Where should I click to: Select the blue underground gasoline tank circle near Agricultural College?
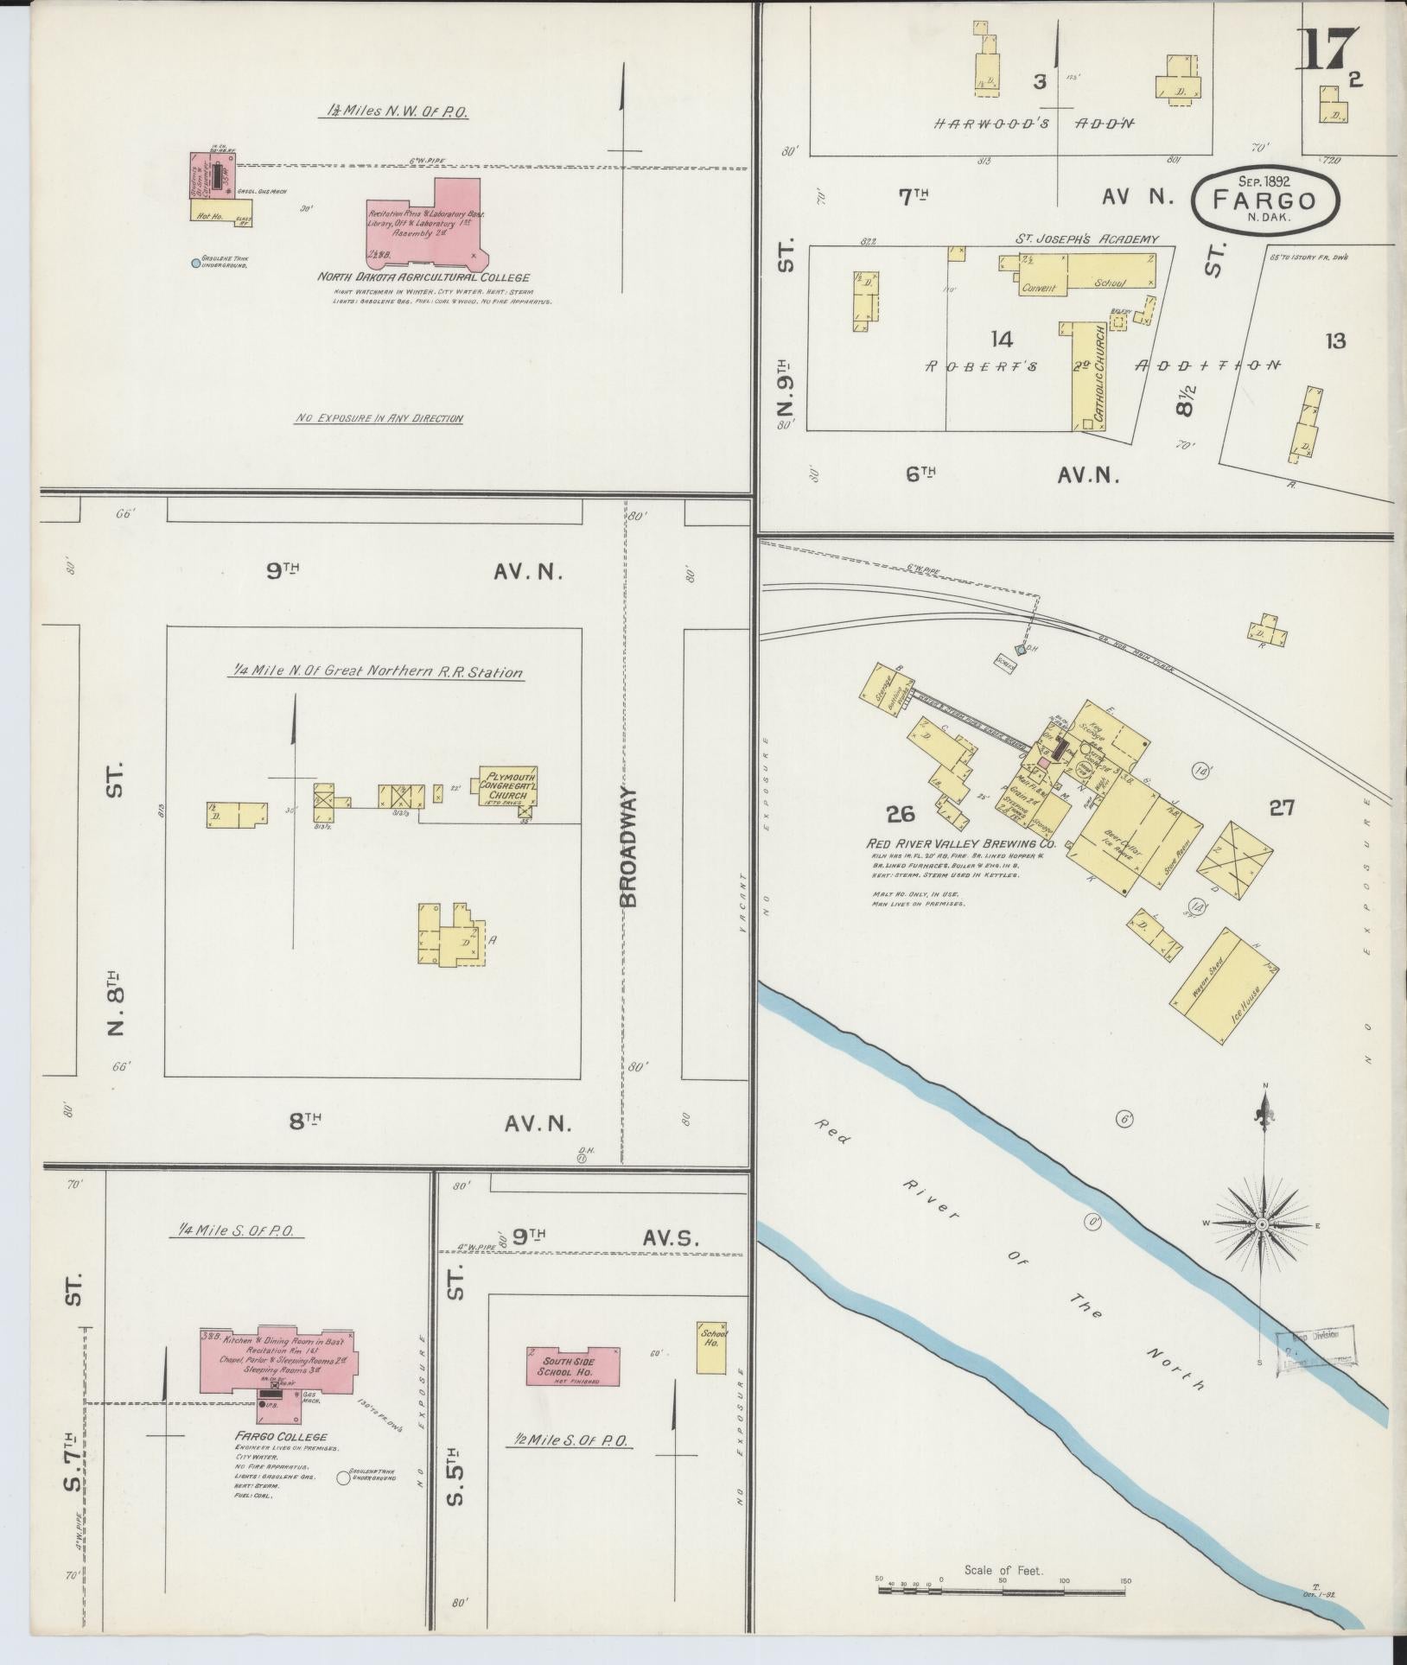[196, 262]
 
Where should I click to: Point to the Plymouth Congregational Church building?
[509, 785]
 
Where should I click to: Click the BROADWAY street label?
[628, 847]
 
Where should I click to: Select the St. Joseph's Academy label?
[1086, 239]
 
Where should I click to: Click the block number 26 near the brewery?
[901, 813]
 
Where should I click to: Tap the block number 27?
[1281, 808]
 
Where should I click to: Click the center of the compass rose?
[1262, 1224]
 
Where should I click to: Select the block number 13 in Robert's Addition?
[1334, 340]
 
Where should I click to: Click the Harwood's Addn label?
[1034, 123]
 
